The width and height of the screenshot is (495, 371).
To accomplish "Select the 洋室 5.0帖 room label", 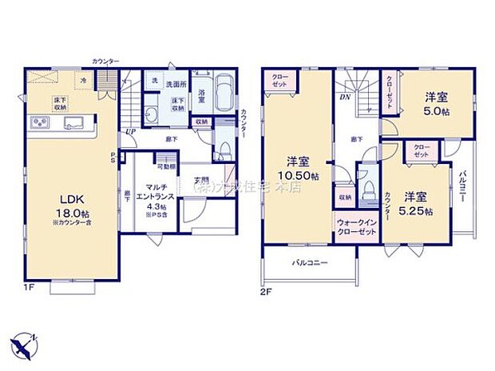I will coord(435,103).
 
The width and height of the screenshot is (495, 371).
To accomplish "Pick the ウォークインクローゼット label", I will coord(356,227).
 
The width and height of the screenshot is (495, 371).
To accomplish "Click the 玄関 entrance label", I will coord(200,180).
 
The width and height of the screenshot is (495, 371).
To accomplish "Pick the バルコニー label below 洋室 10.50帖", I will coord(307,262).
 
